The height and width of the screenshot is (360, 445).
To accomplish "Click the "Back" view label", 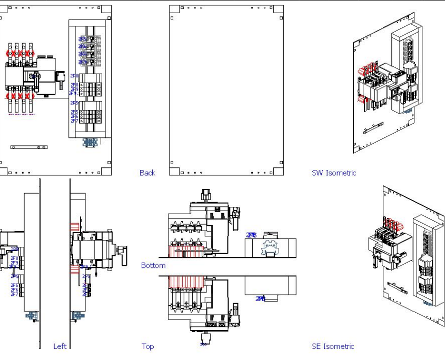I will (147, 173).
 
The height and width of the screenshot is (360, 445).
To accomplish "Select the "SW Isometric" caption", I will (334, 173).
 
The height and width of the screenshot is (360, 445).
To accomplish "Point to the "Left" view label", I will (60, 346).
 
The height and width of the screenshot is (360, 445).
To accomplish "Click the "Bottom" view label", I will (153, 265).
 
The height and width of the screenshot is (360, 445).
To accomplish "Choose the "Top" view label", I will (147, 346).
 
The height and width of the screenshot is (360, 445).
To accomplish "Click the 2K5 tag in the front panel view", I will (83, 39).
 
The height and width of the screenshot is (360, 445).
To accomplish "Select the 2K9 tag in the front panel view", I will (83, 62).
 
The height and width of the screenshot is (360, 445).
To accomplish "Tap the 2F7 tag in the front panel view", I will (74, 121).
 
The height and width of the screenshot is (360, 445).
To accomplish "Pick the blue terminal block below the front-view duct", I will (90, 142).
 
